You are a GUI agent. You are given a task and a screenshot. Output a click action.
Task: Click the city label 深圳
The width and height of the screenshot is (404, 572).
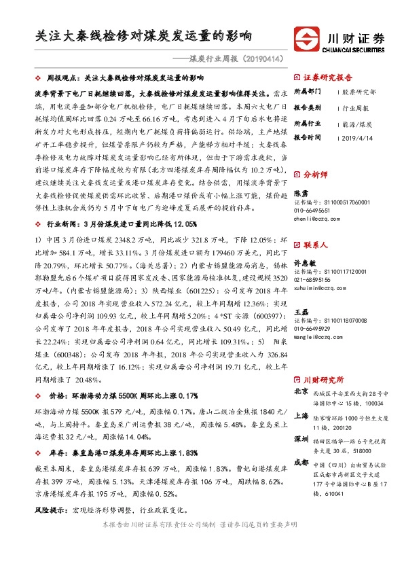pyautogui.click(x=301, y=440)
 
